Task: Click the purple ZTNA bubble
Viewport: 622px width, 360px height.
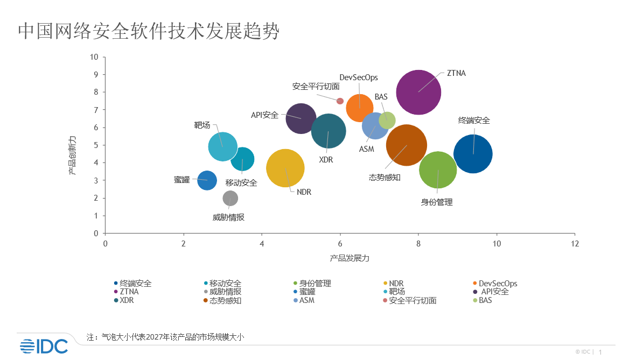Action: click(418, 92)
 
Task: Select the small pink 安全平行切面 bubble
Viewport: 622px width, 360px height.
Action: click(340, 101)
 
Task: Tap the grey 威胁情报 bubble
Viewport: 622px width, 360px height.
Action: click(230, 198)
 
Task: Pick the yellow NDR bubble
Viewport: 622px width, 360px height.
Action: click(285, 168)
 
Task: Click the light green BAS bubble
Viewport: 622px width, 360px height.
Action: click(387, 121)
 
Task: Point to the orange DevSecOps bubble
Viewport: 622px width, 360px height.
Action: click(360, 108)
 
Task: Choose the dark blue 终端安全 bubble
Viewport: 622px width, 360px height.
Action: click(473, 154)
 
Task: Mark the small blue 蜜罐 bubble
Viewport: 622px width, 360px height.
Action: click(207, 180)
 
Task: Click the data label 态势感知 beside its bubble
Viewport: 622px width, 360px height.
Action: click(385, 178)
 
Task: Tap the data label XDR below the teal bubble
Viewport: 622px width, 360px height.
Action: click(326, 160)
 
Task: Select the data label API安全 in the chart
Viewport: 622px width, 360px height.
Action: click(265, 115)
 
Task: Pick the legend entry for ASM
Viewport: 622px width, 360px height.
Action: click(306, 300)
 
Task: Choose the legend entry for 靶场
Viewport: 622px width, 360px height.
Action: click(396, 292)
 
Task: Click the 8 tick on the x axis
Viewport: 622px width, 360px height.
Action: click(418, 244)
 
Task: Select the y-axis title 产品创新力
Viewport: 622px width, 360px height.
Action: click(72, 156)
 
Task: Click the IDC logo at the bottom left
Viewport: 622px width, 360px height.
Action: click(44, 347)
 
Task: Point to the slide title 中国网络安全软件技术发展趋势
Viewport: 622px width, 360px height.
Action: click(149, 31)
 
